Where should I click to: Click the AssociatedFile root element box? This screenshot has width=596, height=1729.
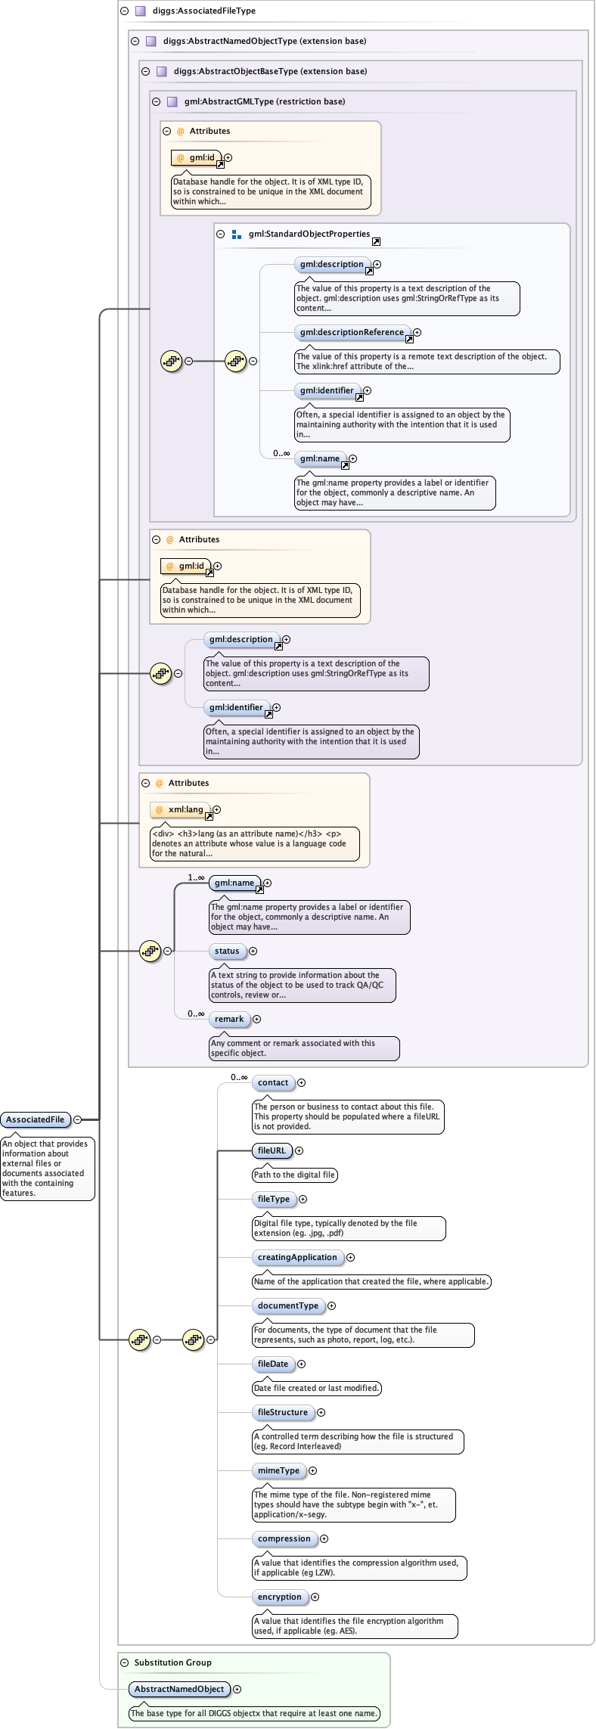click(36, 1119)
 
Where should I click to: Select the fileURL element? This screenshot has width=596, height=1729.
click(272, 1150)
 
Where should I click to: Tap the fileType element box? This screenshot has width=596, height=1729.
click(274, 1199)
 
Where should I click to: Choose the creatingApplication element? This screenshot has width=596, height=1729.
click(297, 1257)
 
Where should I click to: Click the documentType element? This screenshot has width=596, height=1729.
click(288, 1305)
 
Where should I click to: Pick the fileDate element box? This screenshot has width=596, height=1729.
click(273, 1364)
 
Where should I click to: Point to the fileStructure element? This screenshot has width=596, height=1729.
click(283, 1412)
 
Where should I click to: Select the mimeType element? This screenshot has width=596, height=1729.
click(278, 1470)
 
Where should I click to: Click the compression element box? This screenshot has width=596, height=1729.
click(284, 1538)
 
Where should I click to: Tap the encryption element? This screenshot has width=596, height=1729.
click(280, 1597)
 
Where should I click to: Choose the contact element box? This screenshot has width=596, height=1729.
click(273, 1082)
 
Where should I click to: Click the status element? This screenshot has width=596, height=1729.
click(227, 951)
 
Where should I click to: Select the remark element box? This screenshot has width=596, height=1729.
click(229, 1019)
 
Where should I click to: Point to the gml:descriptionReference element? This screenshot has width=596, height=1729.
click(352, 332)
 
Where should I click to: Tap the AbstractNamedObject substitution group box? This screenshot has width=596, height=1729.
click(179, 1689)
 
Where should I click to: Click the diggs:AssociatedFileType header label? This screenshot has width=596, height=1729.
click(204, 11)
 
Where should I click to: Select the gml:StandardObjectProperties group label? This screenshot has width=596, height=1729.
click(309, 234)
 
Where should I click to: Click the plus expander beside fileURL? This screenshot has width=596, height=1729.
click(299, 1150)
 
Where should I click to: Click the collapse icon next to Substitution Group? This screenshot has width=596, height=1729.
click(125, 1662)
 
